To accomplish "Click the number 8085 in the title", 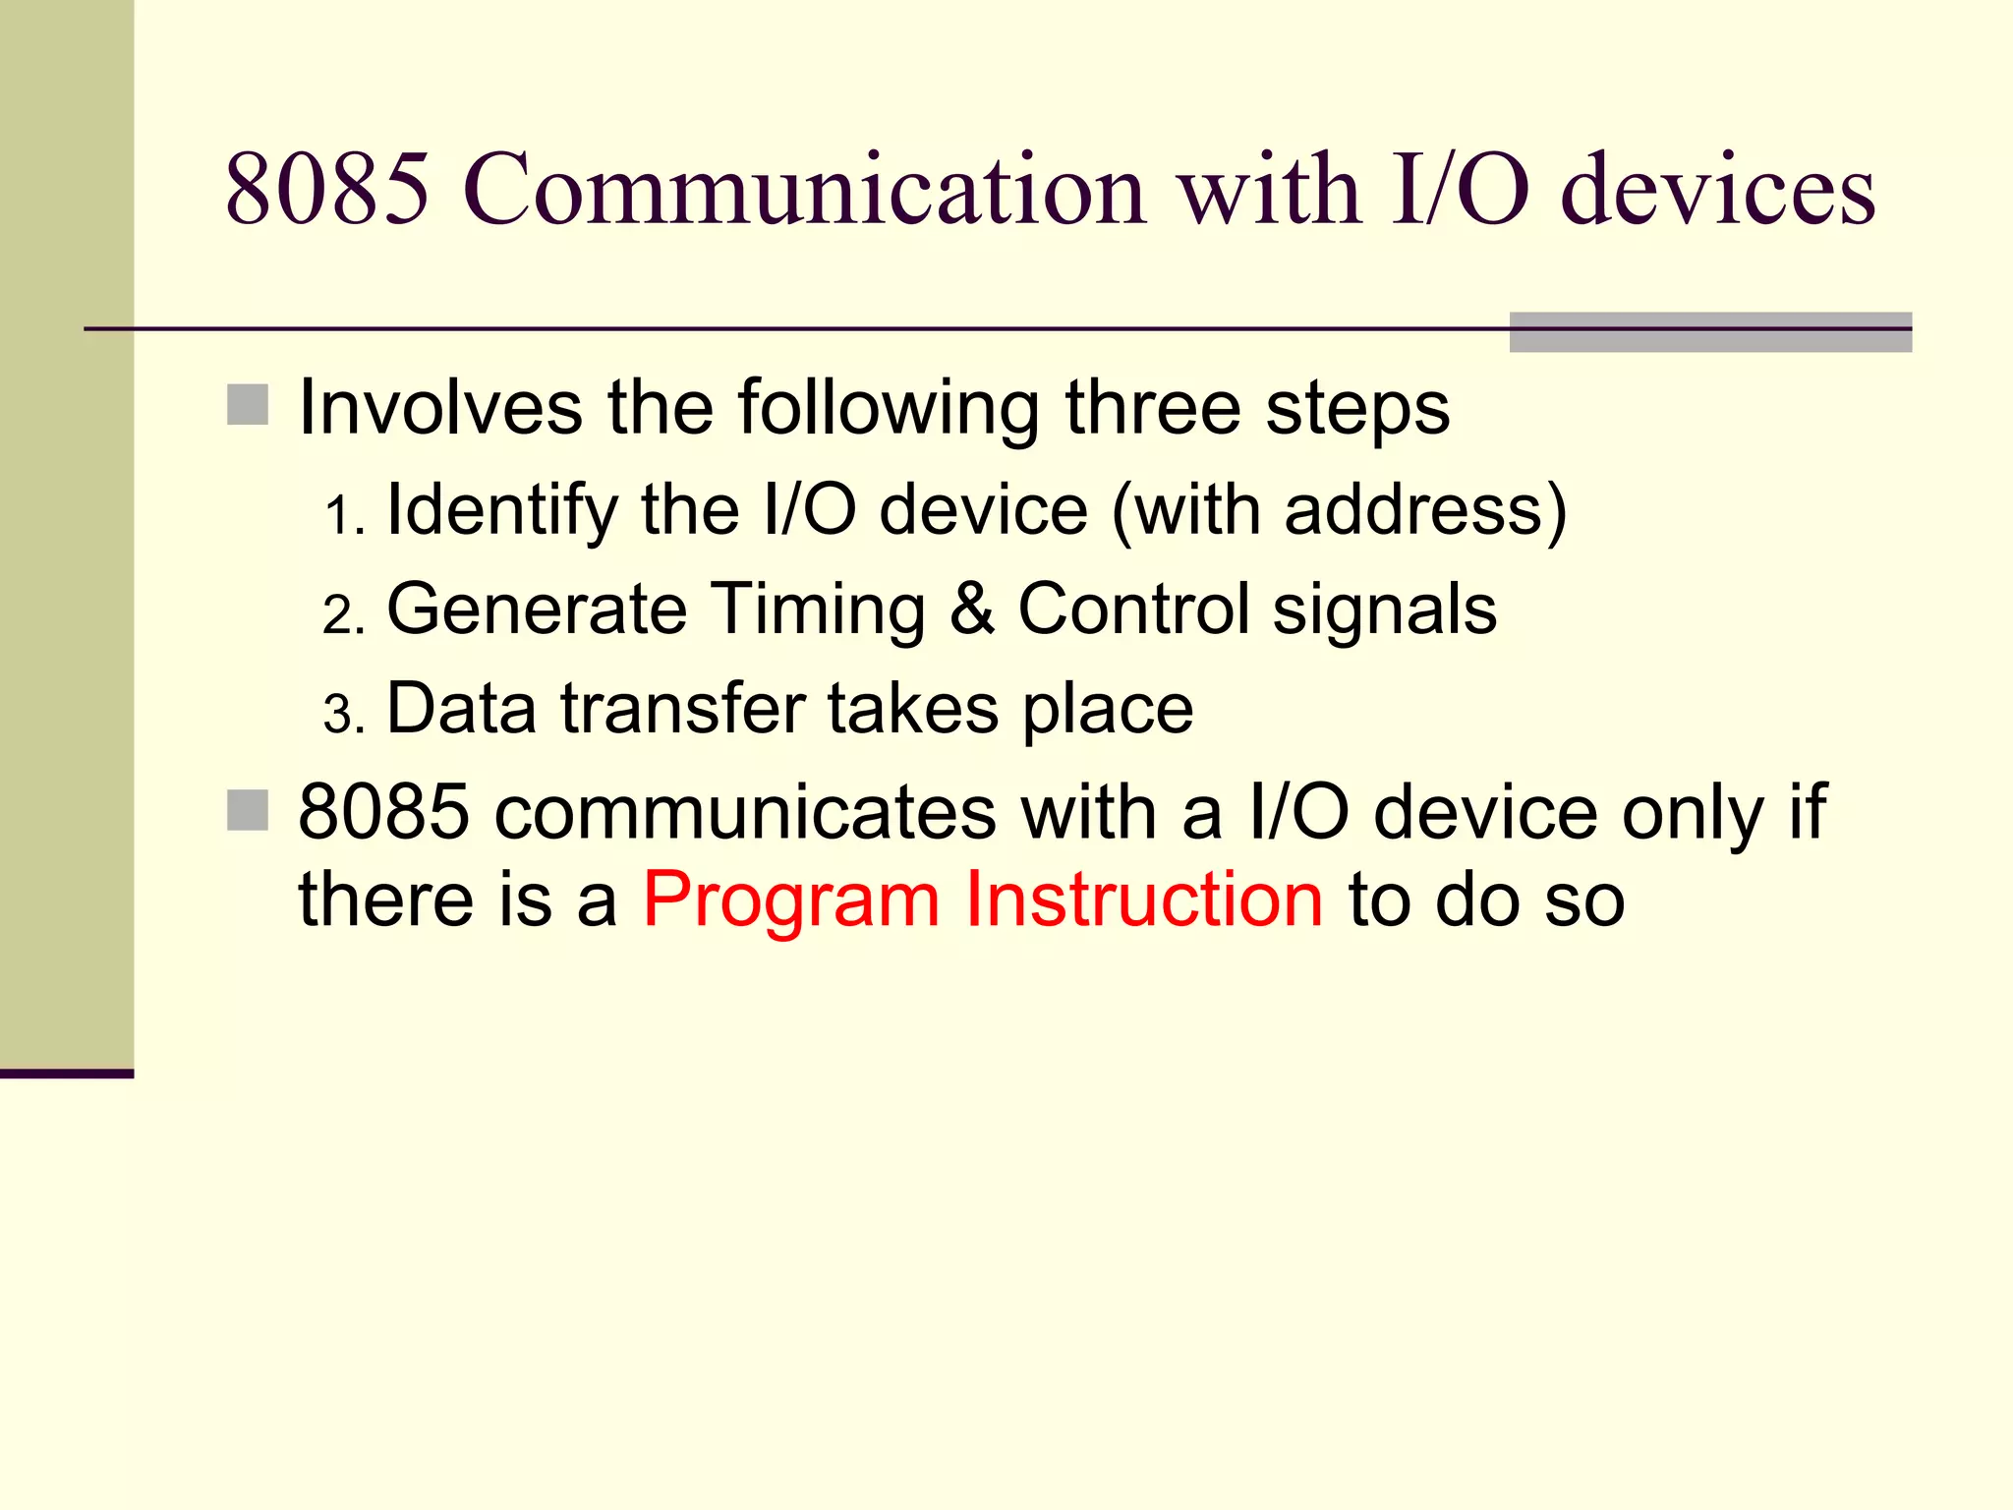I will [327, 189].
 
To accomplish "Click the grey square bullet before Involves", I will [248, 405].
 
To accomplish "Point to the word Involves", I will [439, 407].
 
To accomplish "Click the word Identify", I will [502, 511].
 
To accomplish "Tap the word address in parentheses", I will [1414, 511].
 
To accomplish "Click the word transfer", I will [682, 709].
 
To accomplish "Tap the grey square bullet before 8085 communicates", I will [248, 810].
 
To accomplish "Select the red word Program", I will [791, 900].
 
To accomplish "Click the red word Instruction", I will [1143, 899].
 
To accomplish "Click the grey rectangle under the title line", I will [1709, 332].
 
